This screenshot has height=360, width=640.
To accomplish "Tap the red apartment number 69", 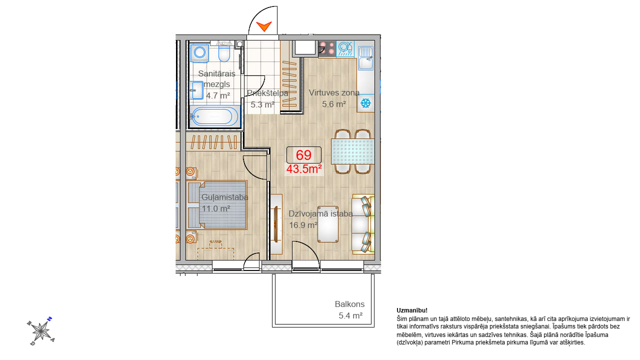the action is pos(303,155).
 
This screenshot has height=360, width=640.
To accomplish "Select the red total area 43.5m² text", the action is pos(304,169).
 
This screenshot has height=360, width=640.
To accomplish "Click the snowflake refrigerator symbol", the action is pos(365,103).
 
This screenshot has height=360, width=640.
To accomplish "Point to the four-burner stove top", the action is pos(327,49).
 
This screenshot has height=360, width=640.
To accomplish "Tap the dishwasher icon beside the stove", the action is pos(345,49).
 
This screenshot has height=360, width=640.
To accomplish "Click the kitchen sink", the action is pos(365,58).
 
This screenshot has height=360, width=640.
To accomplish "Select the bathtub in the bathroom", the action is pos(214,116).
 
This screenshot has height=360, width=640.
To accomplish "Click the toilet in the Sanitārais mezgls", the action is pos(224,53).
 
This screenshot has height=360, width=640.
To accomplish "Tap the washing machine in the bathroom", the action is pos(199,53).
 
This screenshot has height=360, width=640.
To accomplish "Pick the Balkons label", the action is pos(349,304).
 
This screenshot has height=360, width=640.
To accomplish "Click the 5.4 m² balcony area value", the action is pos(350,315).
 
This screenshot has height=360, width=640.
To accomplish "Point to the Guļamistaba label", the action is pos(225,197).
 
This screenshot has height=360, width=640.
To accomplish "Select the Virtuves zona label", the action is pos(334,92).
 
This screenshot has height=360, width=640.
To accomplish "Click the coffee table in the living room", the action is pos(328,224).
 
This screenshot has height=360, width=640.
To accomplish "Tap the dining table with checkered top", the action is pos(352,151).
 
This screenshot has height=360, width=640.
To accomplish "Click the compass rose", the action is pos(41,331).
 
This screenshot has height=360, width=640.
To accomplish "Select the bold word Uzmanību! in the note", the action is pos(412,310).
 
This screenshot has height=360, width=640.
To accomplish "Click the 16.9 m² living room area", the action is pos(303,225).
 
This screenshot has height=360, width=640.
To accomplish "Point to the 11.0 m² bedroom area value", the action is pos(216,208).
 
